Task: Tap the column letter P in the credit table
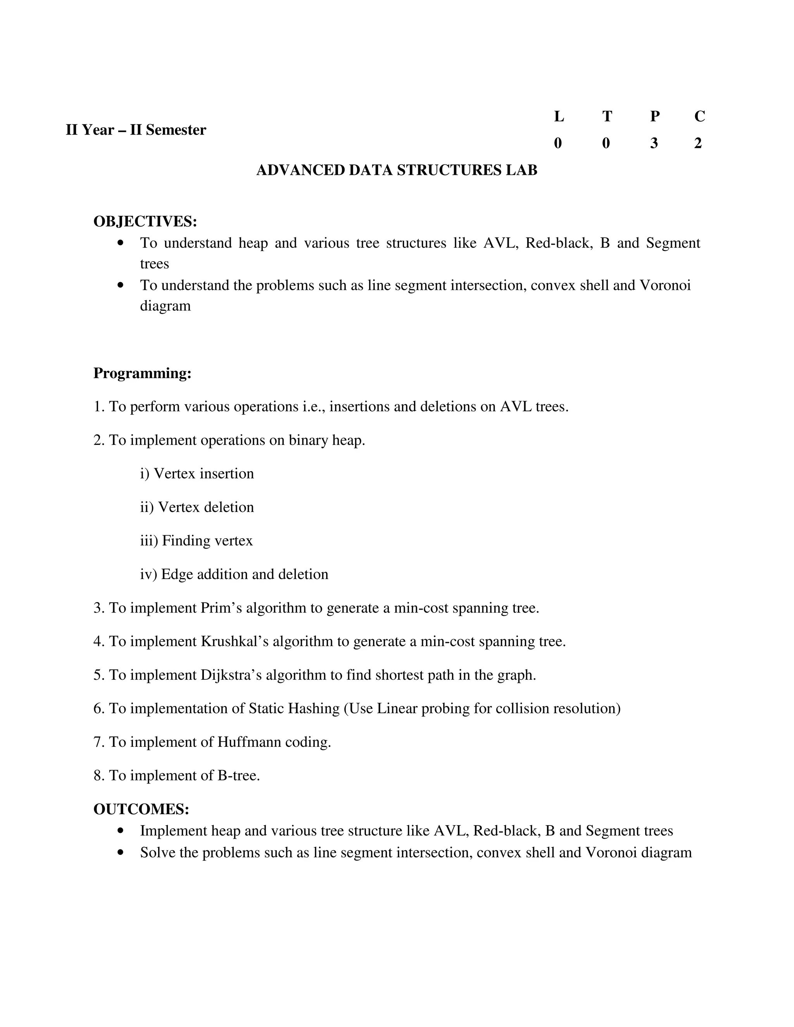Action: click(x=654, y=116)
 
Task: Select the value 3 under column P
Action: click(x=654, y=143)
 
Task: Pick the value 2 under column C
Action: click(x=698, y=143)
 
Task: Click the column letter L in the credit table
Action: click(x=558, y=116)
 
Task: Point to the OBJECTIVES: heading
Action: click(x=145, y=221)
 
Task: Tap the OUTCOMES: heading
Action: click(x=141, y=809)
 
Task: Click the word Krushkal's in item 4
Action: click(x=234, y=641)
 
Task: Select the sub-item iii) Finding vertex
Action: click(x=196, y=541)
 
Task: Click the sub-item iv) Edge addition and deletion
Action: click(x=234, y=574)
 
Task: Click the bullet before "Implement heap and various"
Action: click(x=121, y=831)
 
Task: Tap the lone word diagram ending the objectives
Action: click(x=165, y=306)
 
